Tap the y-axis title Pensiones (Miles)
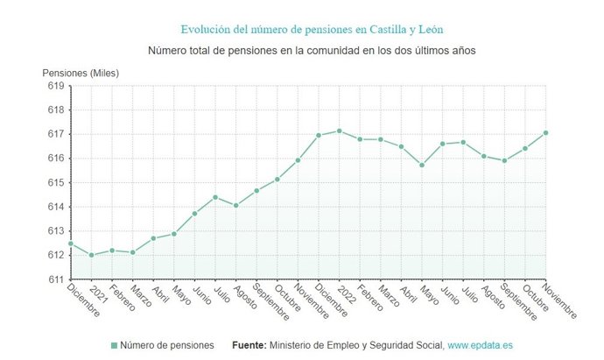tap(81, 73)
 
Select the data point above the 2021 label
tap(91, 255)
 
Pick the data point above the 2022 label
tap(339, 131)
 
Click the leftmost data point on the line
tap(71, 244)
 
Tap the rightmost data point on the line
tap(545, 133)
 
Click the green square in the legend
tap(114, 346)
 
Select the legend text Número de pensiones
tap(166, 346)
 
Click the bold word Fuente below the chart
tap(249, 346)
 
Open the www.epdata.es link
tap(482, 346)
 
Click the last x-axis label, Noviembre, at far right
tap(559, 301)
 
